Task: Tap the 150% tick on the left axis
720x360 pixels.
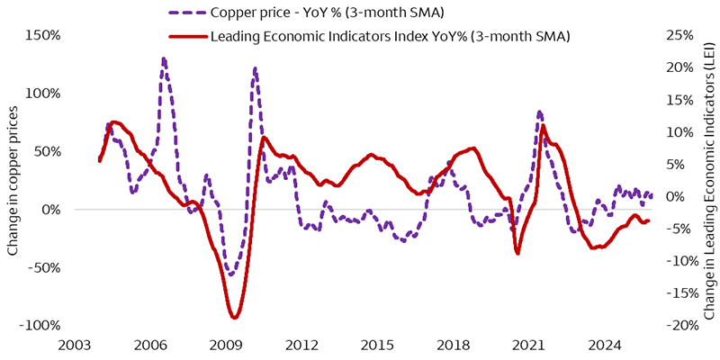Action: [x=41, y=35]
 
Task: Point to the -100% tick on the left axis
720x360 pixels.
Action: [x=38, y=326]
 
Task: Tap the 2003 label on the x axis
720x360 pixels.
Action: [x=74, y=345]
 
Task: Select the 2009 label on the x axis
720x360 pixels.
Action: [x=226, y=345]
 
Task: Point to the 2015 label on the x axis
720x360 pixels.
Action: [x=378, y=345]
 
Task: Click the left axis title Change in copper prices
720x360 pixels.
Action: [x=13, y=180]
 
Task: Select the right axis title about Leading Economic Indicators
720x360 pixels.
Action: [x=708, y=180]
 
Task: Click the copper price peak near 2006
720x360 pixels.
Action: [x=163, y=59]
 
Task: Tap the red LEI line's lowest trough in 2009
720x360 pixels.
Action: [x=234, y=317]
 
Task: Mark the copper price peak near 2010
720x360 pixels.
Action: [x=256, y=67]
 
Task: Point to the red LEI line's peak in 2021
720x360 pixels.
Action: [x=543, y=125]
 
